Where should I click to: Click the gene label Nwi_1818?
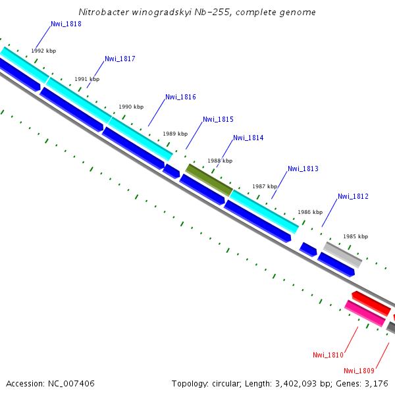pyautogui.click(x=66, y=24)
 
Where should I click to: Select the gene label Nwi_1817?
pyautogui.click(x=120, y=59)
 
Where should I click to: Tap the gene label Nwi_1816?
pyautogui.click(x=180, y=97)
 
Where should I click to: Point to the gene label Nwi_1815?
pyautogui.click(x=218, y=120)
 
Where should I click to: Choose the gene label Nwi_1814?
pyautogui.click(x=248, y=138)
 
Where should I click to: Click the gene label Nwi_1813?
pyautogui.click(x=303, y=169)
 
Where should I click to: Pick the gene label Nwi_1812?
pyautogui.click(x=353, y=197)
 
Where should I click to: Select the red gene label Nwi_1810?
pyautogui.click(x=328, y=355)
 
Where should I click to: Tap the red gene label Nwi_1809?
pyautogui.click(x=359, y=371)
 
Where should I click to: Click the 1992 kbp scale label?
pyautogui.click(x=43, y=51)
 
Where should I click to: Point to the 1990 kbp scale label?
pyautogui.click(x=131, y=107)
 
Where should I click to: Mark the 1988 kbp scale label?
pyautogui.click(x=220, y=161)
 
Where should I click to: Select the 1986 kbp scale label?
pyautogui.click(x=310, y=213)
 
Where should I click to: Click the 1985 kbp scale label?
pyautogui.click(x=355, y=236)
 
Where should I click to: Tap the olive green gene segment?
pyautogui.click(x=209, y=180)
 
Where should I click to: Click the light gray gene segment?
pyautogui.click(x=342, y=254)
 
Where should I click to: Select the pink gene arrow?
pyautogui.click(x=365, y=313)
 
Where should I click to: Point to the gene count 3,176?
pyautogui.click(x=377, y=383)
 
